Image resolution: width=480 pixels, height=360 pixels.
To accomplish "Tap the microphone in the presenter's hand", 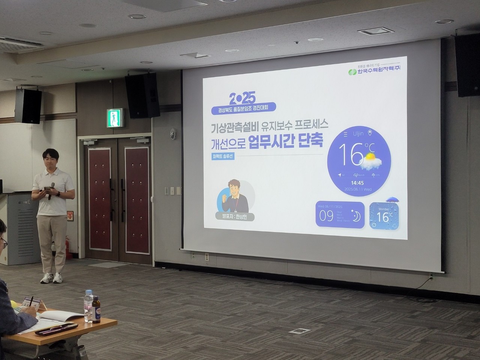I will pyautogui.click(x=52, y=186).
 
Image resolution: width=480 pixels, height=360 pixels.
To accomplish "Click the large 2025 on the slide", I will pyautogui.click(x=242, y=98).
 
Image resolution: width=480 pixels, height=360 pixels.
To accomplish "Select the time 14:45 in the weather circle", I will pyautogui.click(x=358, y=183).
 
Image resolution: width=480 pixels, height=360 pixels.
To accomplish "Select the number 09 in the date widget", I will pyautogui.click(x=325, y=216).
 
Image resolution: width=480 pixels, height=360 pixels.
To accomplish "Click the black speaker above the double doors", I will pyautogui.click(x=142, y=95).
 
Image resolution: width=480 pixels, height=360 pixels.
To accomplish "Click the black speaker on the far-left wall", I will pyautogui.click(x=28, y=106).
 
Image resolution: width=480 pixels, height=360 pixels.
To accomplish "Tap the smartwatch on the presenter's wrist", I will pyautogui.click(x=58, y=194).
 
